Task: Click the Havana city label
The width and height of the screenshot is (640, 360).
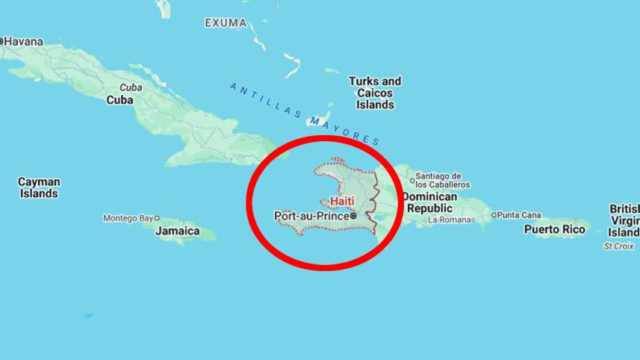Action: pos(23,41)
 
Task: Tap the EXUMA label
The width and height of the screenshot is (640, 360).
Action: pos(226,23)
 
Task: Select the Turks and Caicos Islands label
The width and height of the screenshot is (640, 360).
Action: pos(375,93)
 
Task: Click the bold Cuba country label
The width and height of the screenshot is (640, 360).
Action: pos(120,99)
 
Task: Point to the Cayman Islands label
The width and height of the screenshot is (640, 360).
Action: pos(39,187)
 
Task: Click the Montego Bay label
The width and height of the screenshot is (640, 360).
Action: pos(128,218)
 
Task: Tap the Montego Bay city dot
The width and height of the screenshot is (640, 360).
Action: pos(157,218)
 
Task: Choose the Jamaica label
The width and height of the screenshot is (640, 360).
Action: pos(178,231)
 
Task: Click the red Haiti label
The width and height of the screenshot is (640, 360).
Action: pos(342,202)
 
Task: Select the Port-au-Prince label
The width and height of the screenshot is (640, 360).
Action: pos(311,216)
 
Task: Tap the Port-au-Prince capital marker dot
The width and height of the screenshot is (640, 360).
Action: pos(354,216)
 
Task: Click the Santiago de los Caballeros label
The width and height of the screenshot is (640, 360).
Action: pos(443,179)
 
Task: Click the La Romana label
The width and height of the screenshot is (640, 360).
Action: pos(450,220)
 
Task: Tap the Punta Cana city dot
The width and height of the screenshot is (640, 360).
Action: pos(494,215)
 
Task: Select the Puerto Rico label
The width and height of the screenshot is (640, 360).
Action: pos(554,229)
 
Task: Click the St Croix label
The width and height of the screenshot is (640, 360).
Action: pos(618,246)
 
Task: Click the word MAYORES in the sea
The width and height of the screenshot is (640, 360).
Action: pos(344,130)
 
